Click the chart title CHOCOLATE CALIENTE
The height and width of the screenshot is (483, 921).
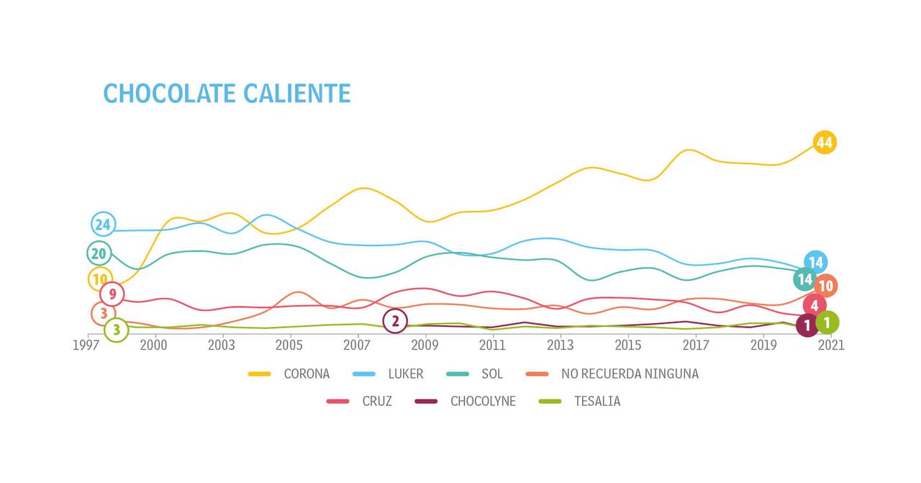point(227,94)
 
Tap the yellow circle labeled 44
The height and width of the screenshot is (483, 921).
point(824,143)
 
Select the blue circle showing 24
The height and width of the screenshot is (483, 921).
point(103,225)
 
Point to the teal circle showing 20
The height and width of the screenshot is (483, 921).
point(99,253)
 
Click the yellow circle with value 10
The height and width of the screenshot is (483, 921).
point(100,279)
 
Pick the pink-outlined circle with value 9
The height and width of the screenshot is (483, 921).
point(112,294)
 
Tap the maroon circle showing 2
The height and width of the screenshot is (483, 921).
point(395,321)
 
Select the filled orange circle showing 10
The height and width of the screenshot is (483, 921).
point(825,286)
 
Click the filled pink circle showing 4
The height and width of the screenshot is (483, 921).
point(814,305)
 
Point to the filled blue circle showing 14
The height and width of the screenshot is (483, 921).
point(815,262)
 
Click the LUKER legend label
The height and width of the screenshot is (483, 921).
point(406,374)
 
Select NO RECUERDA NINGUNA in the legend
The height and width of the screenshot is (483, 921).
point(629,374)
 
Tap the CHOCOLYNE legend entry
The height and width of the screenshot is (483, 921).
point(483,401)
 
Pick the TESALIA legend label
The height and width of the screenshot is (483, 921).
point(596,401)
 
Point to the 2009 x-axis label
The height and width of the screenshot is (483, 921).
point(425,346)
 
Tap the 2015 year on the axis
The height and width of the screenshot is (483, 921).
point(628,346)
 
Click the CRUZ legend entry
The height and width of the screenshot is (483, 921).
point(377,401)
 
